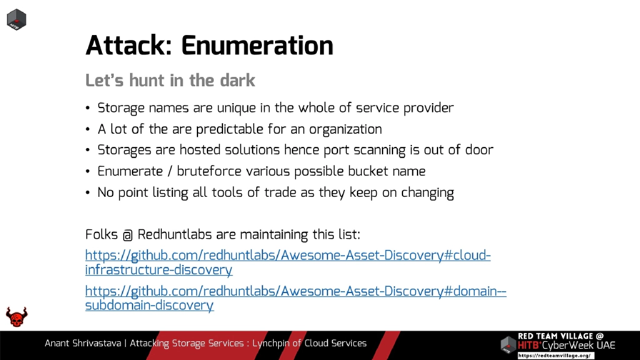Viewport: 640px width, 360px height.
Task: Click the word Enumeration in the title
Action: [257, 46]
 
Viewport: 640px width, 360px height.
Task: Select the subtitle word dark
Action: [237, 81]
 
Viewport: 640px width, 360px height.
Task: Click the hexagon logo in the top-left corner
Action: [16, 19]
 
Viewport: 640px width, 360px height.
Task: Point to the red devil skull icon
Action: [17, 317]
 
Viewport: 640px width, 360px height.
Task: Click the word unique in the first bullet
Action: [236, 107]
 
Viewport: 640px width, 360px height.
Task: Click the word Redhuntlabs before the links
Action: [175, 235]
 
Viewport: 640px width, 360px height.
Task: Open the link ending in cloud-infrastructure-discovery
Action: [287, 256]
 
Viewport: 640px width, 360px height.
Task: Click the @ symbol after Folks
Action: [127, 236]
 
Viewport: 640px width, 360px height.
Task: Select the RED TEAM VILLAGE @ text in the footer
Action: [561, 336]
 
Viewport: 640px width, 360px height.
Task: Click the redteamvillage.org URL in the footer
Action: [555, 355]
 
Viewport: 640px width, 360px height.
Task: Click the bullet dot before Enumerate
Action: [88, 172]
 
